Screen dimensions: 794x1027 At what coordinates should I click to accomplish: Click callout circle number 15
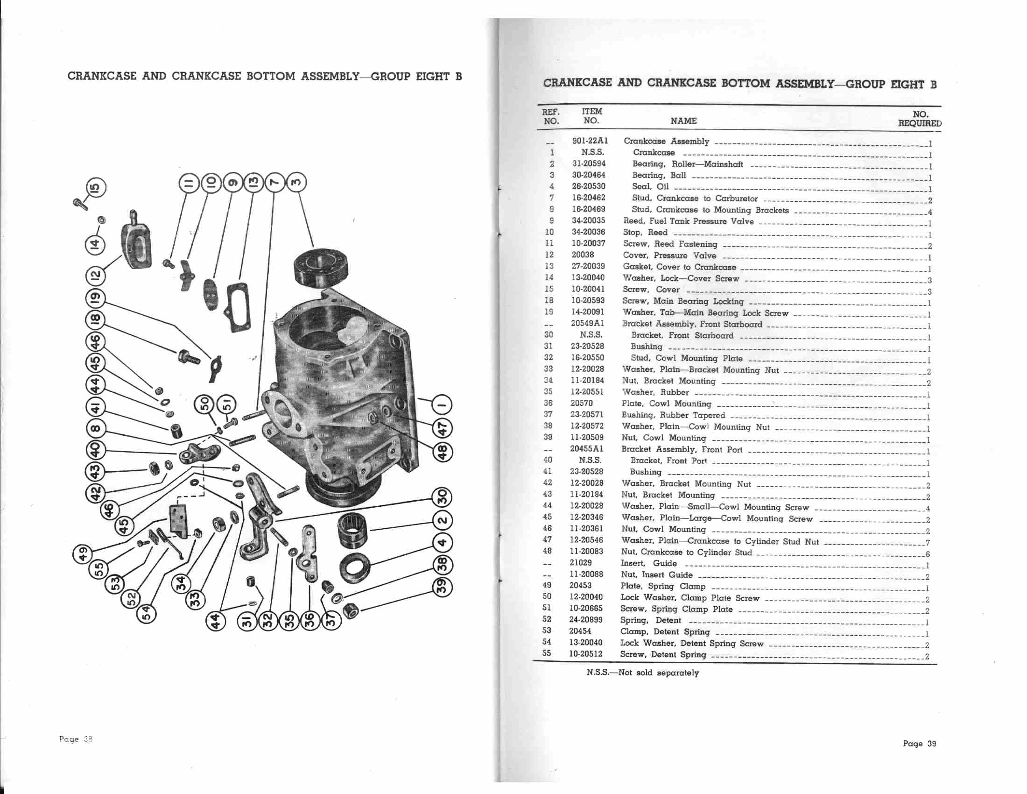point(95,188)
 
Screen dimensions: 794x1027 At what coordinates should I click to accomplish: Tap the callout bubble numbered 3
point(296,183)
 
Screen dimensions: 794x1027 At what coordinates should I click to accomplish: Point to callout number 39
point(442,587)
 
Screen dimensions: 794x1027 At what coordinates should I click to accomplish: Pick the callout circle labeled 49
point(83,553)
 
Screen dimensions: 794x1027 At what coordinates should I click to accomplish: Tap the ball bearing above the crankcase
point(321,268)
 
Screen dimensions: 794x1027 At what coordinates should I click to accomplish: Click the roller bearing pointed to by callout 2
point(352,530)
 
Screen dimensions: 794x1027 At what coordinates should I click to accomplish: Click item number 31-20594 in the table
point(589,163)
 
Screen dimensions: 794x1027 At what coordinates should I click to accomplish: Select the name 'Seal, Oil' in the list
point(650,187)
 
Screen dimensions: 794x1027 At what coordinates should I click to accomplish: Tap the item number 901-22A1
point(590,141)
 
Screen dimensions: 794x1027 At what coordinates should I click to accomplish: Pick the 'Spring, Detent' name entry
point(650,620)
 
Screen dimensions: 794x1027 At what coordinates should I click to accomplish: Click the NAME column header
point(683,121)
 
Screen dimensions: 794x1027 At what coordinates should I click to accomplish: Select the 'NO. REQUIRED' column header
point(920,119)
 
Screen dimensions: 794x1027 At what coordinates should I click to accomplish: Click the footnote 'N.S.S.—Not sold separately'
point(642,673)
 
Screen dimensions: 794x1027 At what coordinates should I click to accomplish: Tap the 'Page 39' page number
point(919,744)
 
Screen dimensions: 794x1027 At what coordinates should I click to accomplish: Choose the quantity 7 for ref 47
point(927,543)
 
